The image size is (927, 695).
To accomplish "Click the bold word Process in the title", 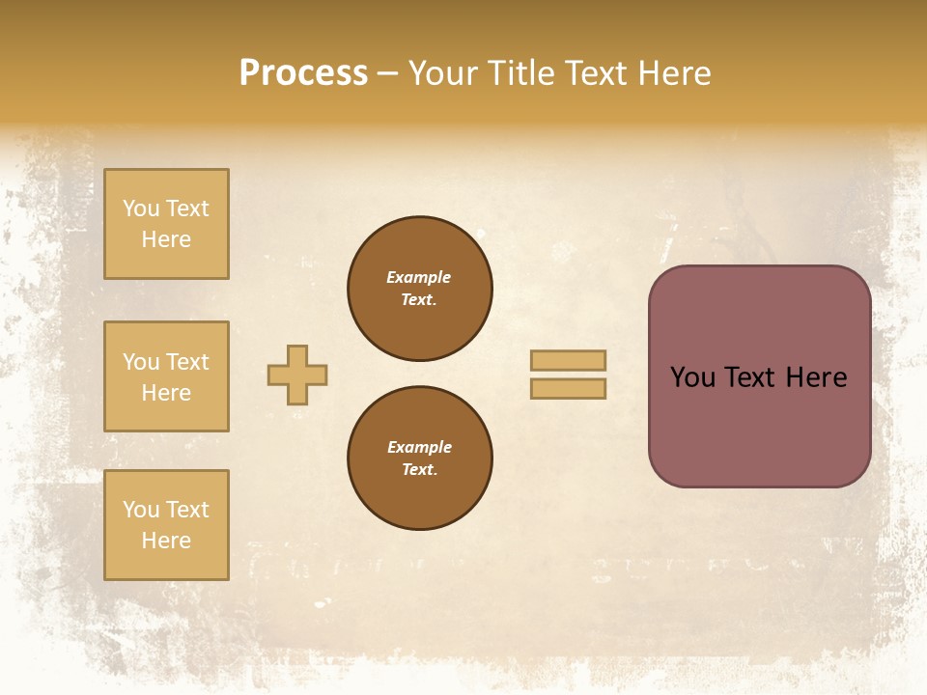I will coord(303,73).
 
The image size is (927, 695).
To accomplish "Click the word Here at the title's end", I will coord(672,73).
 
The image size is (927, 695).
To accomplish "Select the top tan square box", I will coord(166,224).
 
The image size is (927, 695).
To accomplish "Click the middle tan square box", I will coord(166,376).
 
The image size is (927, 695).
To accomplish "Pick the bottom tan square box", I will coord(166,525).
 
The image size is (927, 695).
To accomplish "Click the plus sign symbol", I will coord(297,375).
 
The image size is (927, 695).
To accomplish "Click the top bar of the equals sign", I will coord(568,360).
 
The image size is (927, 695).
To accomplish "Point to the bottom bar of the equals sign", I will coord(568,388).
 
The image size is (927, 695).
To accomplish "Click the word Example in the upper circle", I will coord(418,277).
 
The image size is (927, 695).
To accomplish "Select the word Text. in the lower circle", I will coord(419,469).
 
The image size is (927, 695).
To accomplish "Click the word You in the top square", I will coord(141,208).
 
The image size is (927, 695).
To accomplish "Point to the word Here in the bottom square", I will coord(166,541).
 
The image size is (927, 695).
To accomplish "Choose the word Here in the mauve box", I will coord(816,377).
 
